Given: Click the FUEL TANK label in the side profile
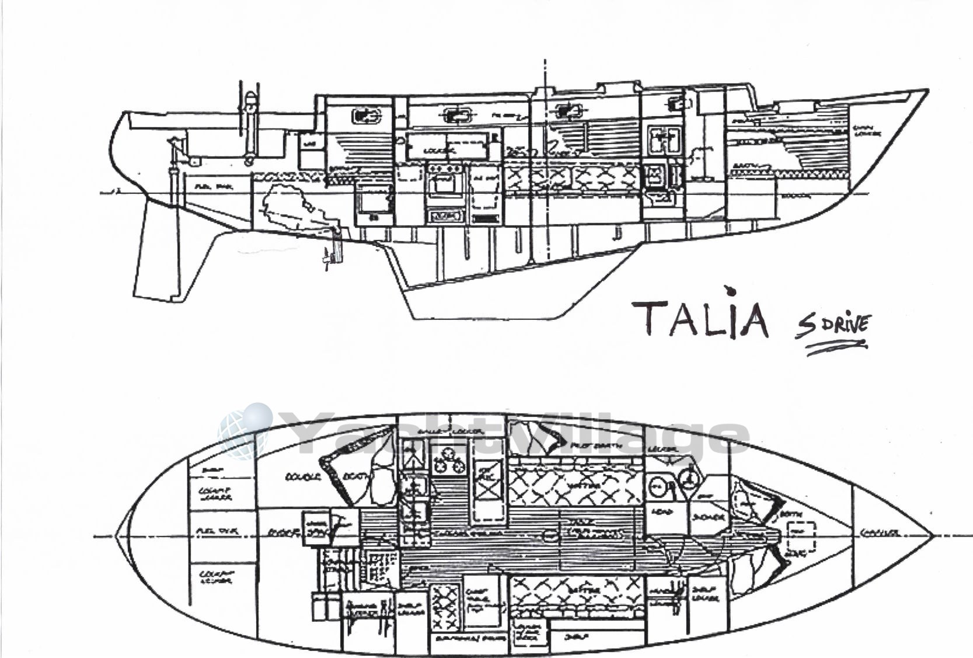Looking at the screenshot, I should click(209, 187).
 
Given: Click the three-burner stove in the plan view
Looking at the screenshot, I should click(448, 461).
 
